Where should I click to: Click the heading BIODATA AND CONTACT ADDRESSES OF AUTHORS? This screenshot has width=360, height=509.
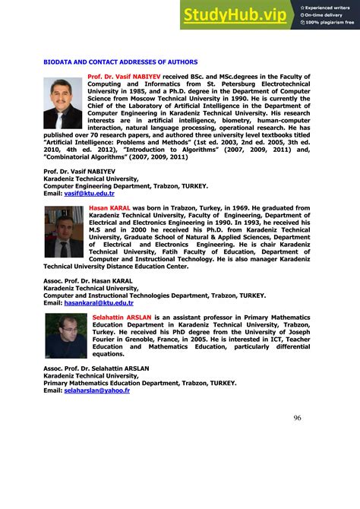[121, 62]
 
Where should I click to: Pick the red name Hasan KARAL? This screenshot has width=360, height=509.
[110, 207]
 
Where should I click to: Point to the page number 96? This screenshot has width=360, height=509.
[297, 417]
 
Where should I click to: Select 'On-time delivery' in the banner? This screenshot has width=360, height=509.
[325, 14]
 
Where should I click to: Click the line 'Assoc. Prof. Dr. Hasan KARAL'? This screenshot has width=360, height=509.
[88, 280]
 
